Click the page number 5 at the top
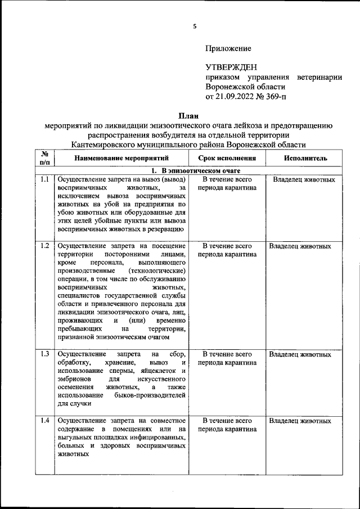point(194,26)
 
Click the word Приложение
point(228,49)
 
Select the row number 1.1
point(44,180)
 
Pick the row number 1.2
point(44,246)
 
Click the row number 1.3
point(44,354)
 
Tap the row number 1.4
point(44,421)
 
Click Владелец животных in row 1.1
point(304,180)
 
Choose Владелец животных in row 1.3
point(300,354)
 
